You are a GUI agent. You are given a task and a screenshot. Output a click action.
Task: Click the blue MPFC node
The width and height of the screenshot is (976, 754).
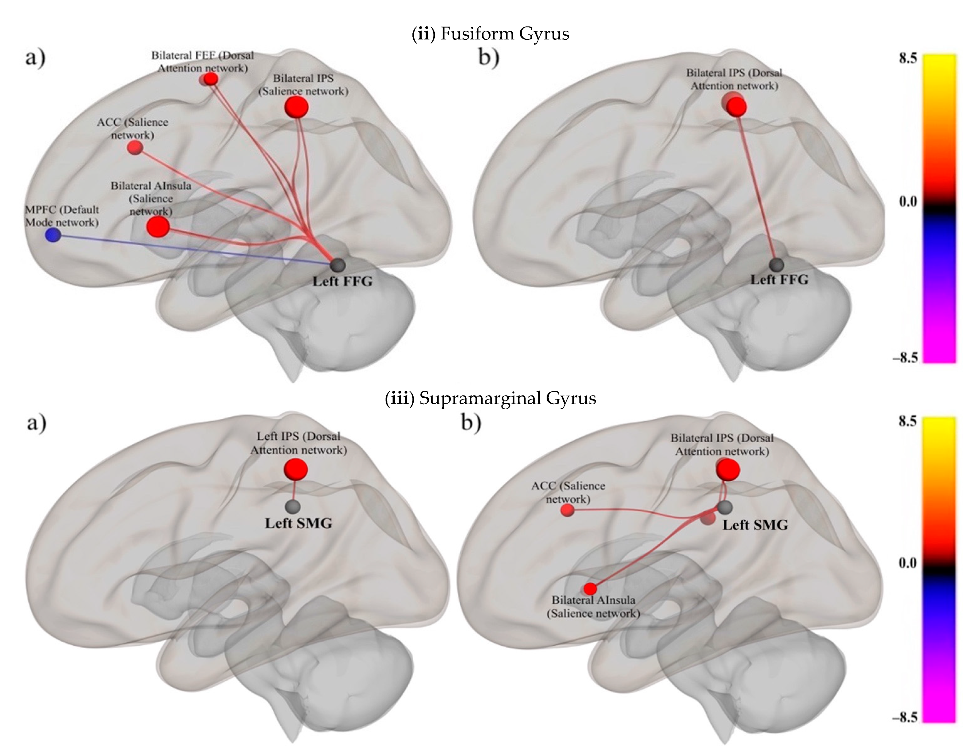point(53,235)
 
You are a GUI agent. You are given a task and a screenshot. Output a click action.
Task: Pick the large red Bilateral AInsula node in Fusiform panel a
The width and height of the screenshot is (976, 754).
point(158,227)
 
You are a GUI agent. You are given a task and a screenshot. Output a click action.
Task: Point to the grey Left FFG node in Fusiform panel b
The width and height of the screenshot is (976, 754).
point(777,264)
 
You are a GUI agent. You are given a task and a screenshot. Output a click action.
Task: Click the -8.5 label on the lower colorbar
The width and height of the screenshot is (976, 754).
point(904,717)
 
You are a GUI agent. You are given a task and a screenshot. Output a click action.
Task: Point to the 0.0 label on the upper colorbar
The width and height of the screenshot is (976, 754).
point(908,202)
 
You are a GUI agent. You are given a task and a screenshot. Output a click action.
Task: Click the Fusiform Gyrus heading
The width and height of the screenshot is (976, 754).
point(490,34)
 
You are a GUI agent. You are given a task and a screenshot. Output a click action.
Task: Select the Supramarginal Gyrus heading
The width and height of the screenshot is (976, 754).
point(490,398)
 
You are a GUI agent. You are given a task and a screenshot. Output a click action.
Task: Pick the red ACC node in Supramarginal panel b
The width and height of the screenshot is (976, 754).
point(567,510)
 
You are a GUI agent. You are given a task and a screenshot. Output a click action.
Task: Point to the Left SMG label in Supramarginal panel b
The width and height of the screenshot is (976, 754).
point(755,525)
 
